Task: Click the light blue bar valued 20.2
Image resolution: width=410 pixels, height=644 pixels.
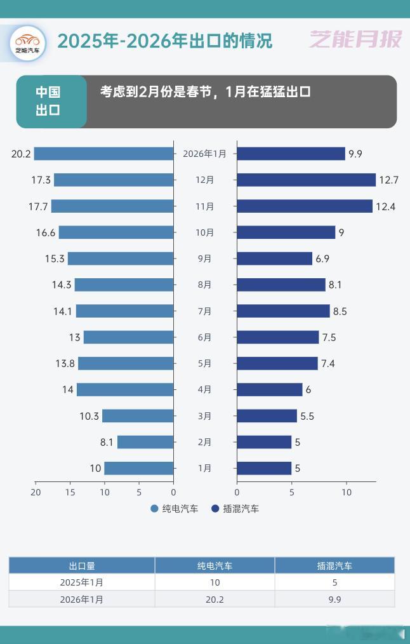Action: pyautogui.click(x=103, y=154)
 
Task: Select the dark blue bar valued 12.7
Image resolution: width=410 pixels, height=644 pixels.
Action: pyautogui.click(x=306, y=180)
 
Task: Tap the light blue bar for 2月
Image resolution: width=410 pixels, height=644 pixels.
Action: pyautogui.click(x=145, y=442)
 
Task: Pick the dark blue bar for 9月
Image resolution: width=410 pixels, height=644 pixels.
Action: pyautogui.click(x=274, y=258)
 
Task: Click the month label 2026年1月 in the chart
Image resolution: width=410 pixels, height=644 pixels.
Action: pyautogui.click(x=204, y=154)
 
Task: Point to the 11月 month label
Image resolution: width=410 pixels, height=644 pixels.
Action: pyautogui.click(x=204, y=206)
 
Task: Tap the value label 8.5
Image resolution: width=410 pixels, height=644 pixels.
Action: pyautogui.click(x=340, y=311)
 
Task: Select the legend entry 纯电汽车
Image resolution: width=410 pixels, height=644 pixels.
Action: pyautogui.click(x=175, y=509)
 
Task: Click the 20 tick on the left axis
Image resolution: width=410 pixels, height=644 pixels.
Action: pyautogui.click(x=36, y=492)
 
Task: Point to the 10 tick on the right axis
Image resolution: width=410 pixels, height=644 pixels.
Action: pyautogui.click(x=347, y=492)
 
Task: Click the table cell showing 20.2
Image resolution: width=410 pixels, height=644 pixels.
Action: pyautogui.click(x=215, y=599)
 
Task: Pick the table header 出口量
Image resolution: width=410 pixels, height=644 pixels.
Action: pyautogui.click(x=82, y=566)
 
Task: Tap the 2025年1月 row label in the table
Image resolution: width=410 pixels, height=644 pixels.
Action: pyautogui.click(x=82, y=582)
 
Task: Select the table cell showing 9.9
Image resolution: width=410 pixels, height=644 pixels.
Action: pyautogui.click(x=334, y=599)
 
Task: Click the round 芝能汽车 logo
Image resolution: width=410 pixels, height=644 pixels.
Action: pyautogui.click(x=28, y=43)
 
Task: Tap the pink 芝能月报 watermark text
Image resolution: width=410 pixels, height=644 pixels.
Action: pyautogui.click(x=355, y=39)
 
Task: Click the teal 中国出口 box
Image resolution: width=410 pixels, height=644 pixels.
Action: pyautogui.click(x=51, y=102)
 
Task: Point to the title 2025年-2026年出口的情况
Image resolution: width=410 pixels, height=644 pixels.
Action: pyautogui.click(x=164, y=41)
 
